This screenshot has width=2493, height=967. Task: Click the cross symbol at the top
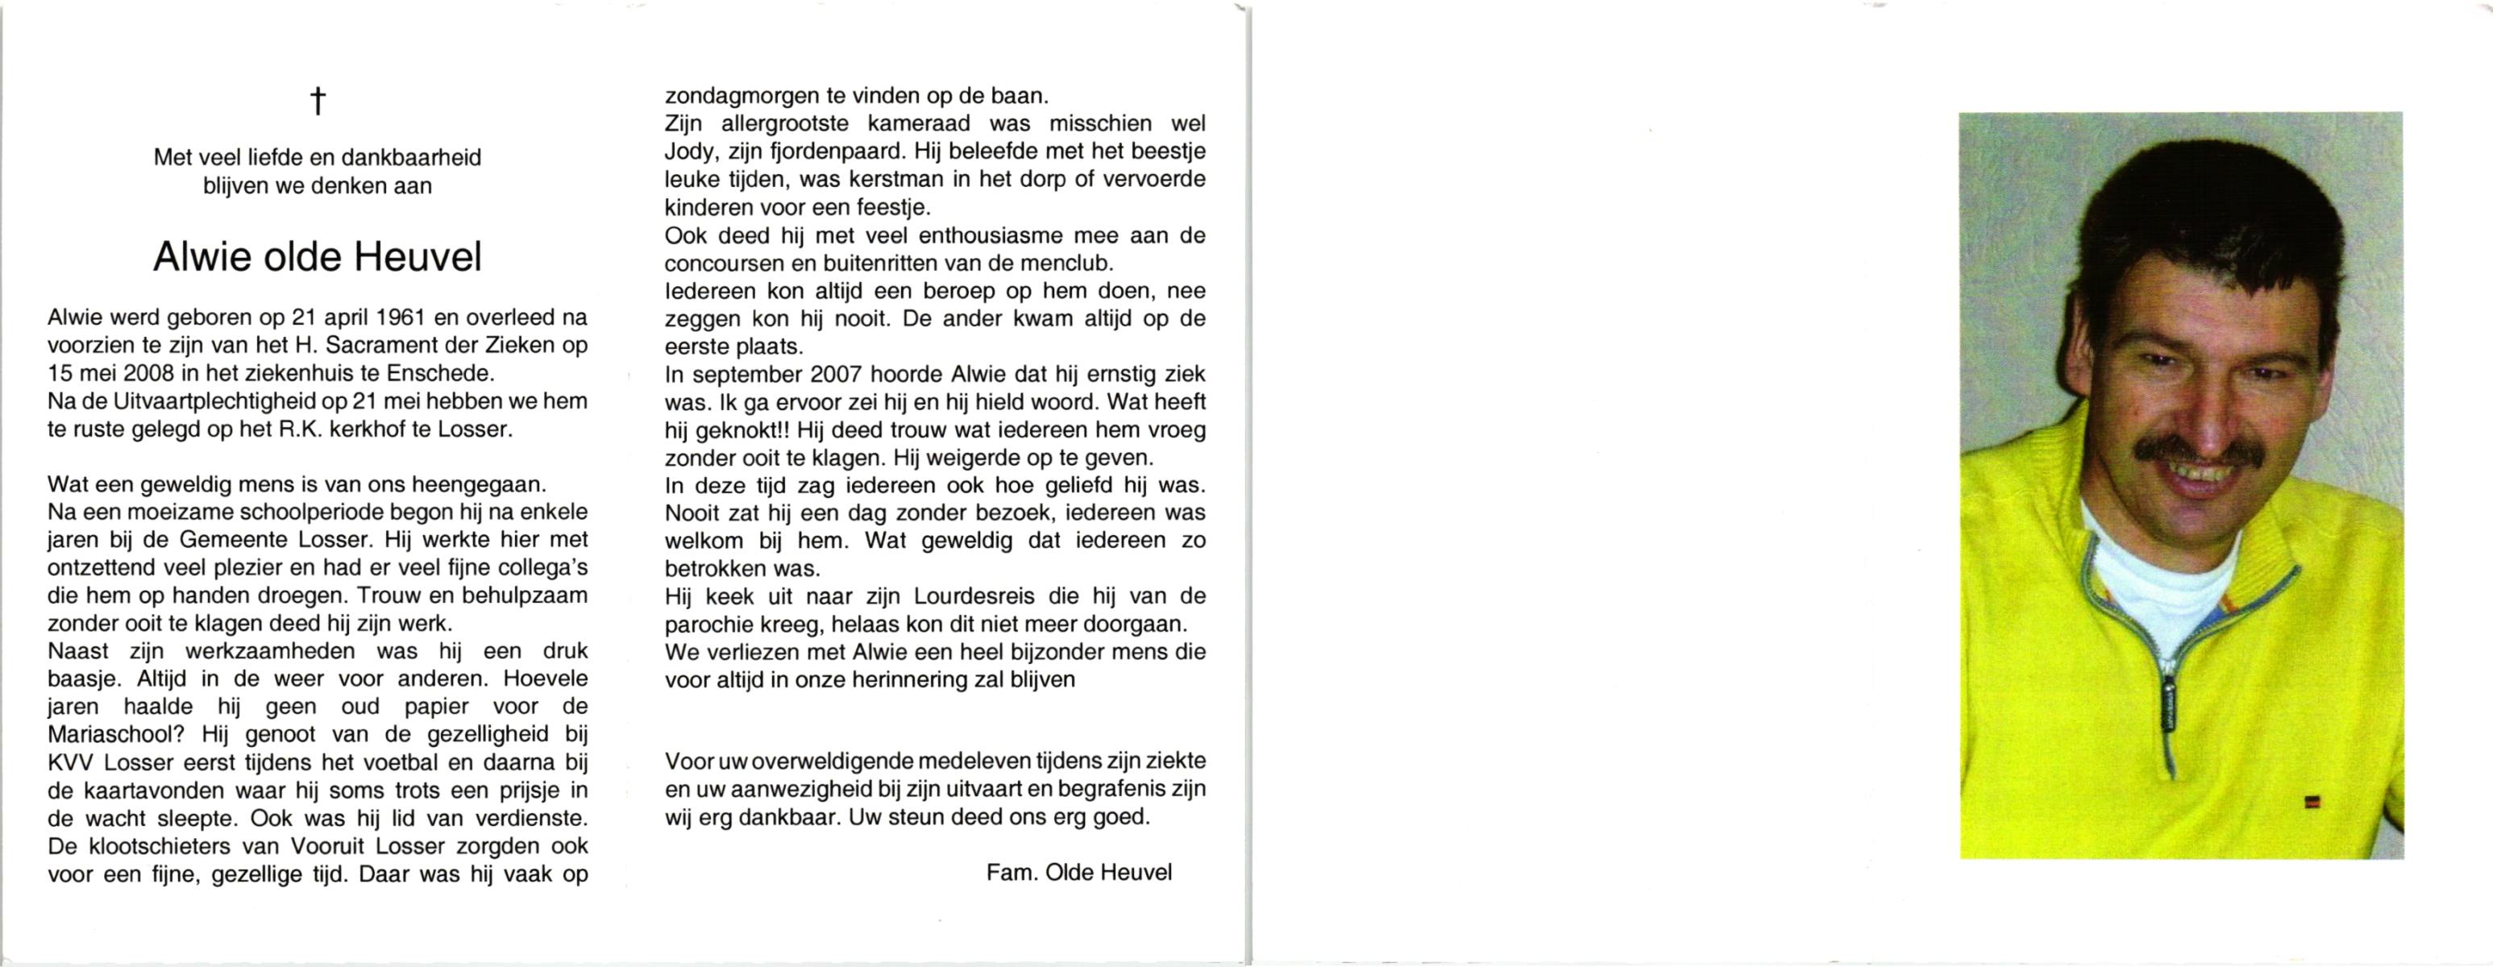click(318, 101)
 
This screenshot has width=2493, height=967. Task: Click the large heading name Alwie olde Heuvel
click(318, 258)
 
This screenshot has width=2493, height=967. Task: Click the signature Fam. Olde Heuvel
click(1078, 872)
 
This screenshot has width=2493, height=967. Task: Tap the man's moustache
click(2197, 452)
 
